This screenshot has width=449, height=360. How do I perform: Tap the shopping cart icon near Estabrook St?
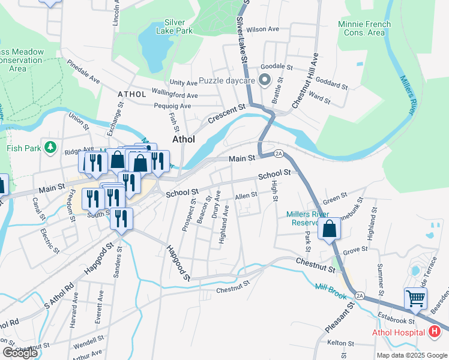(415, 297)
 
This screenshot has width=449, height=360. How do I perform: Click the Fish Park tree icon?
(51, 147)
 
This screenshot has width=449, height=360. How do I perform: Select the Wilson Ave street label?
(263, 29)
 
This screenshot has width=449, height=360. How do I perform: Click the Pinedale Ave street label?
(83, 71)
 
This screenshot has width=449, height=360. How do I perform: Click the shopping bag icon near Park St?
(330, 229)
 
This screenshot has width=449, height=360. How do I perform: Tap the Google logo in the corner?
(20, 353)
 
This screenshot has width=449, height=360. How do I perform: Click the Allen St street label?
(246, 196)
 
